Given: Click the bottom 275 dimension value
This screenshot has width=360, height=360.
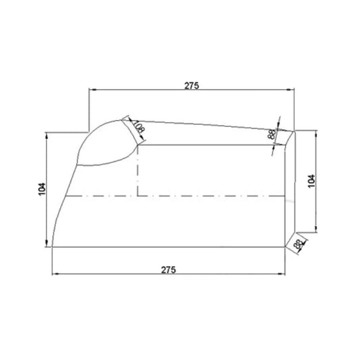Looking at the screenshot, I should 169,269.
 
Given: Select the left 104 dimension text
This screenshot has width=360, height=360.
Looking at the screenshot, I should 43,189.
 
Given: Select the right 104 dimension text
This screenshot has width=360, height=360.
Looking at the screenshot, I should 311,181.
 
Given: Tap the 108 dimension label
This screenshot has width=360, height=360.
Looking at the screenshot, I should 138,127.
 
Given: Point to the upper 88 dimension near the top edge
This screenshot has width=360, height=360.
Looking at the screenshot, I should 272,135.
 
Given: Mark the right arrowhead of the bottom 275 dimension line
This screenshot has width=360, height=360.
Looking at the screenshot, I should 282,274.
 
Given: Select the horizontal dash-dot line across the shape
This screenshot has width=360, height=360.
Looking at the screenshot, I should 203,197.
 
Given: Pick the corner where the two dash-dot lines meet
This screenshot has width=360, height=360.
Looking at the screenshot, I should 138,197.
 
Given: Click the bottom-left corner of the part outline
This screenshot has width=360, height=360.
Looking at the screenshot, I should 53,247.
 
